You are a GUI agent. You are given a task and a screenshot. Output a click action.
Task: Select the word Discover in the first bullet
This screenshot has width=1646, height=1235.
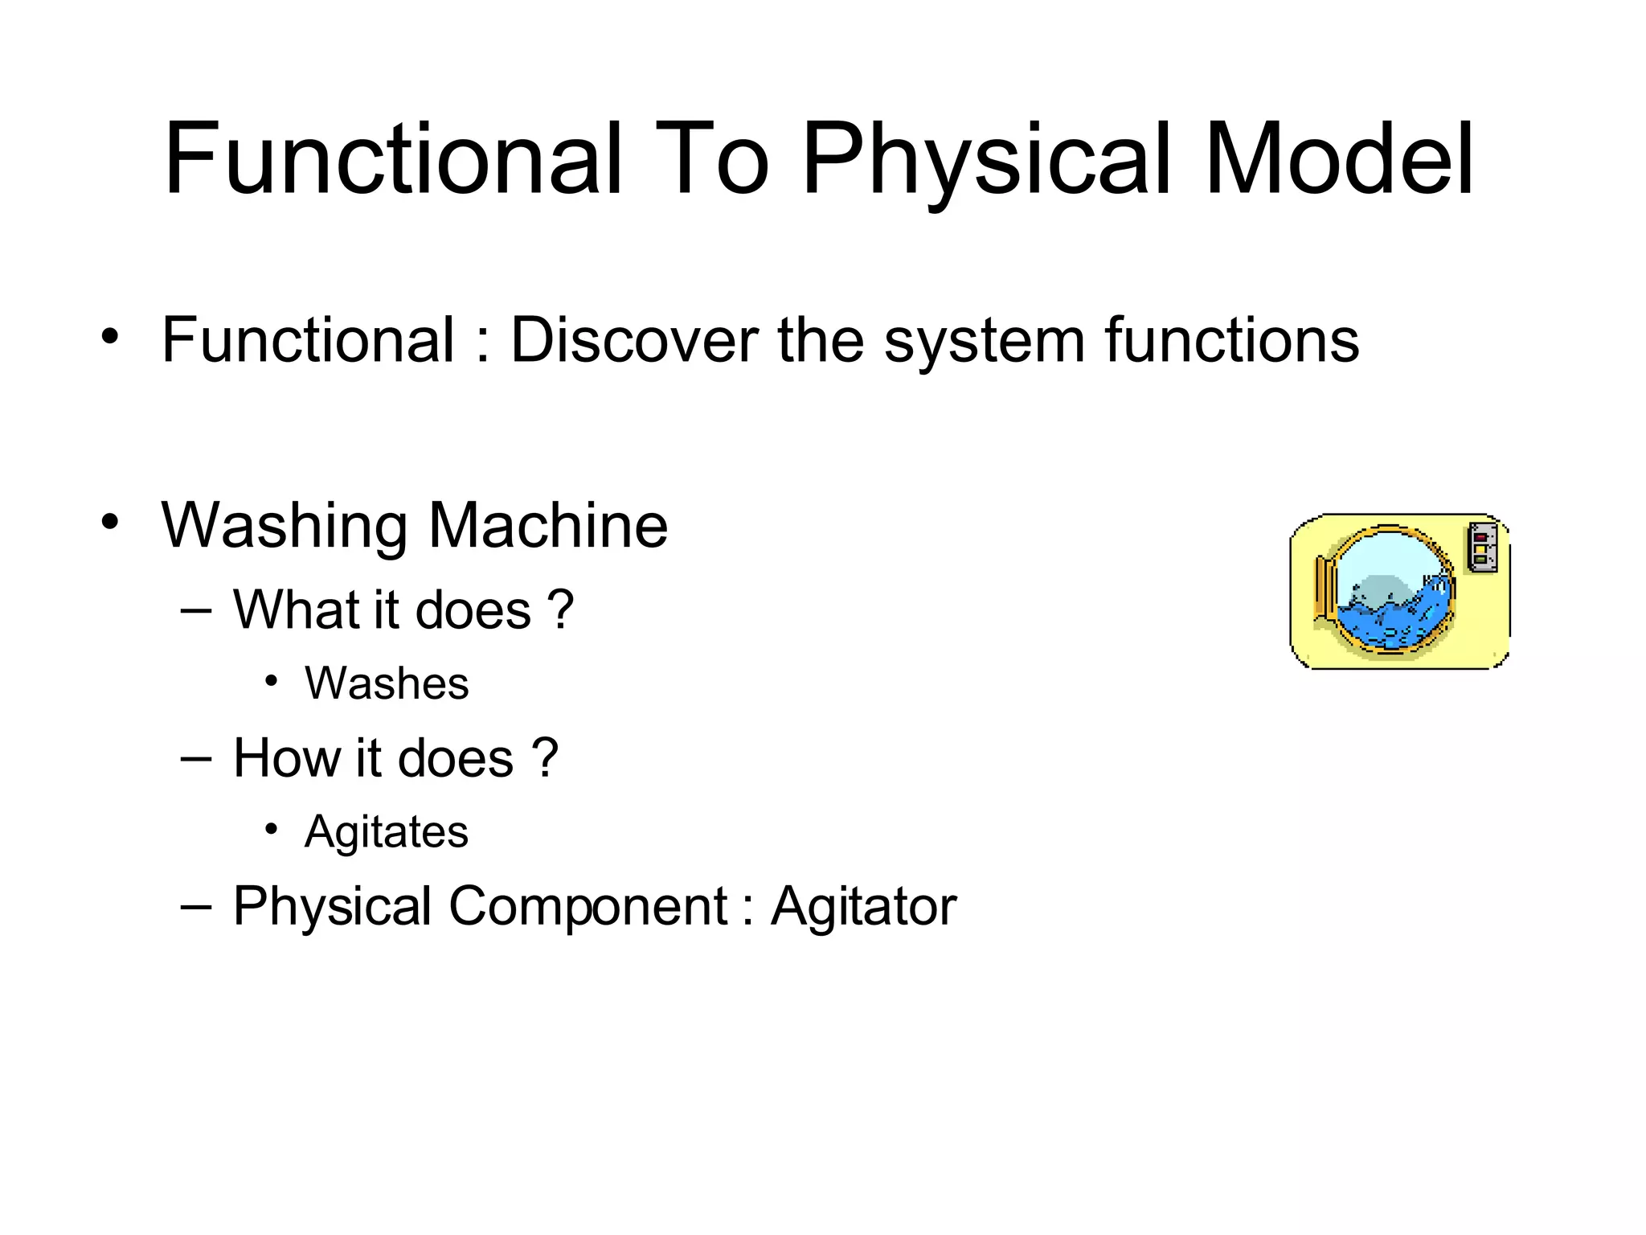634,341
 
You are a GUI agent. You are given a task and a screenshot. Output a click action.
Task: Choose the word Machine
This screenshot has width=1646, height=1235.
547,526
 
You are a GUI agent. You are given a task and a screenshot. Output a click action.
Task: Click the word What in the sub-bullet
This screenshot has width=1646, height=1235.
296,609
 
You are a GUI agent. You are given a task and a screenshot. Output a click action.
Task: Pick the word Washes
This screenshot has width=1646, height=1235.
387,684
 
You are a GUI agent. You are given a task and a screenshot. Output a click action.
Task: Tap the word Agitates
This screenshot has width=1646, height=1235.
387,832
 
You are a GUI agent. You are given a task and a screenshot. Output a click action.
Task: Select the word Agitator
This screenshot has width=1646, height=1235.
864,907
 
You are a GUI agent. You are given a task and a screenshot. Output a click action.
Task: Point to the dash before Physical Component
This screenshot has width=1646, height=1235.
197,907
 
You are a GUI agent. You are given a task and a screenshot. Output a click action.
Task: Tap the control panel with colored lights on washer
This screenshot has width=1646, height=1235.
1482,548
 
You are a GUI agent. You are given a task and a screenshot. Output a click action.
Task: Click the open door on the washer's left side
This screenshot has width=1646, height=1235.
1324,587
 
